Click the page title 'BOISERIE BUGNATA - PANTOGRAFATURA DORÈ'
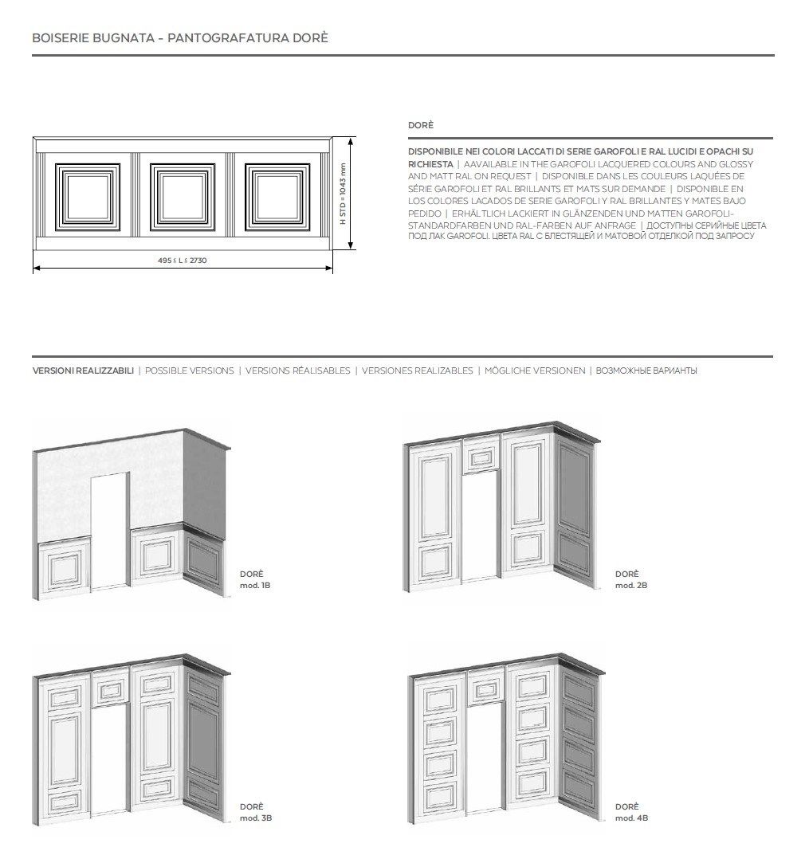click(179, 37)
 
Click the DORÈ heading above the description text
click(420, 126)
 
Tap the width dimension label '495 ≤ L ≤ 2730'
click(183, 260)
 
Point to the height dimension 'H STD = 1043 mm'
click(344, 194)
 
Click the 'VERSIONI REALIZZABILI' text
click(83, 371)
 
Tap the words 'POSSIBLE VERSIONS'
click(190, 371)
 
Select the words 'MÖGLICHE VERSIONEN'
click(535, 371)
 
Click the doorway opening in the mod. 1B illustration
click(109, 530)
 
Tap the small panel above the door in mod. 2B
click(481, 457)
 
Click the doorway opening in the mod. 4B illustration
click(485, 761)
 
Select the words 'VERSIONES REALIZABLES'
click(417, 371)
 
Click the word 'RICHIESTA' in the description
click(430, 164)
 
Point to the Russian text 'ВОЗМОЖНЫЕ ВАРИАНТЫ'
click(646, 371)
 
